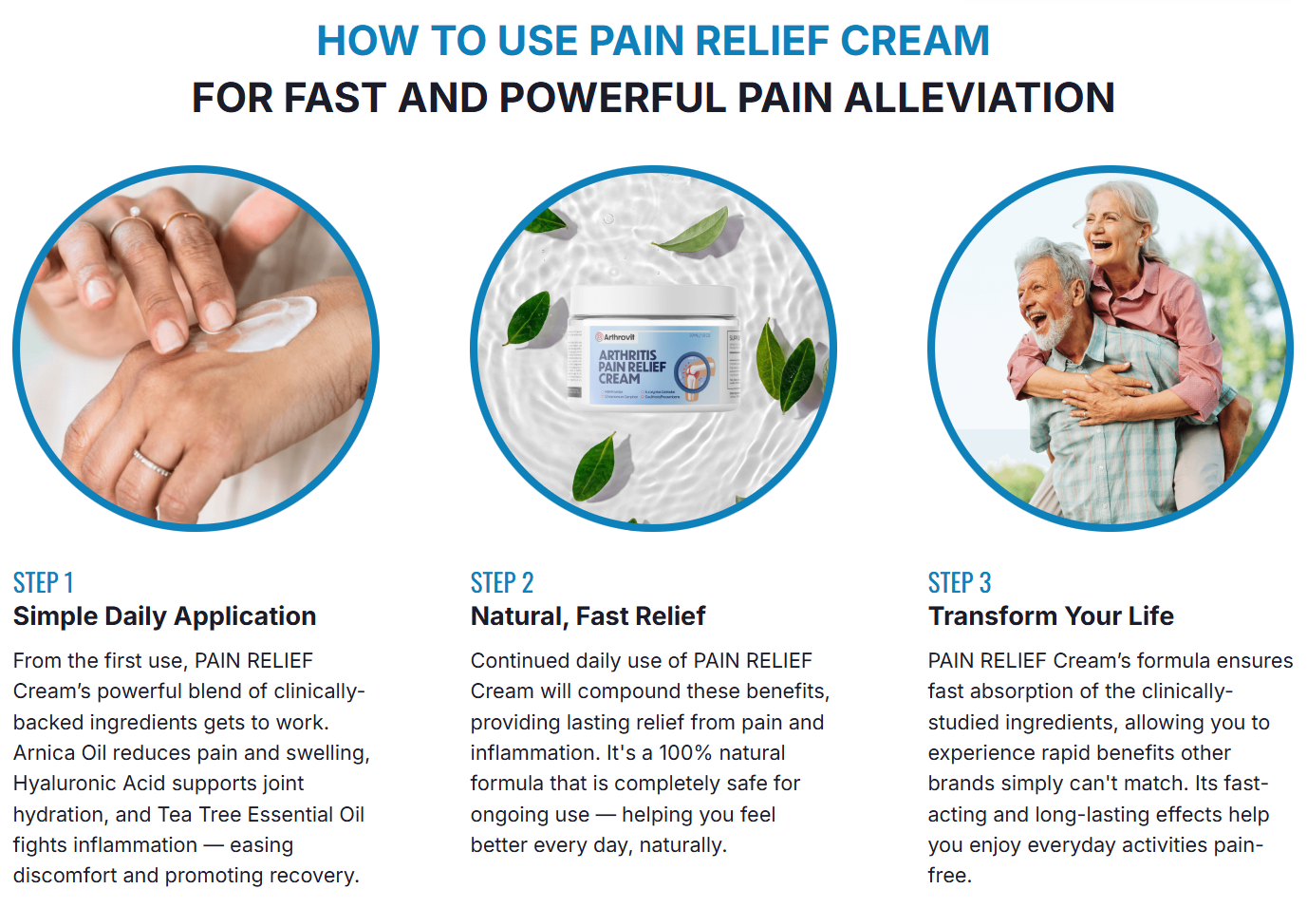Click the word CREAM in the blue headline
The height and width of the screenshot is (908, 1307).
[914, 41]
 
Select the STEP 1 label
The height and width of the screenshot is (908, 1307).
[43, 582]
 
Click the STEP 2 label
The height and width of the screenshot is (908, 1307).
[501, 582]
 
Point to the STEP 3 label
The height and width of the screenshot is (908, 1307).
[959, 582]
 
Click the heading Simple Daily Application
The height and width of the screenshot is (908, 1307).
[164, 616]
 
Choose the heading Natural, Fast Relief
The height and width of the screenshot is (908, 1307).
[588, 616]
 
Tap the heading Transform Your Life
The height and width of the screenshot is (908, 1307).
[1051, 616]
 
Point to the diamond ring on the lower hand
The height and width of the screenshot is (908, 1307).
[152, 463]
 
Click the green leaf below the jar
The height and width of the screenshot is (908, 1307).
[596, 465]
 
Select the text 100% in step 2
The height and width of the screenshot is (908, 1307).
[685, 753]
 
